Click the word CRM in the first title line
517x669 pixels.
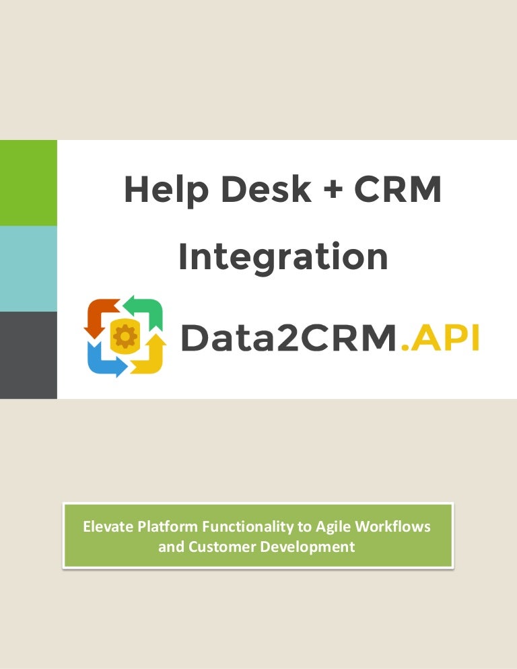[x=398, y=190]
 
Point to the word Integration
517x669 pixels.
[x=283, y=256]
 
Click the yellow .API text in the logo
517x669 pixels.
[x=440, y=337]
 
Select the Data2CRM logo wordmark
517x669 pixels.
[x=289, y=337]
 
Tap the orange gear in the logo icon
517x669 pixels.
[x=125, y=337]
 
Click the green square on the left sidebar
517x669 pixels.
[x=28, y=182]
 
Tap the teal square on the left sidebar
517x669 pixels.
[x=28, y=268]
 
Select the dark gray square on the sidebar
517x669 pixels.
[x=28, y=354]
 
